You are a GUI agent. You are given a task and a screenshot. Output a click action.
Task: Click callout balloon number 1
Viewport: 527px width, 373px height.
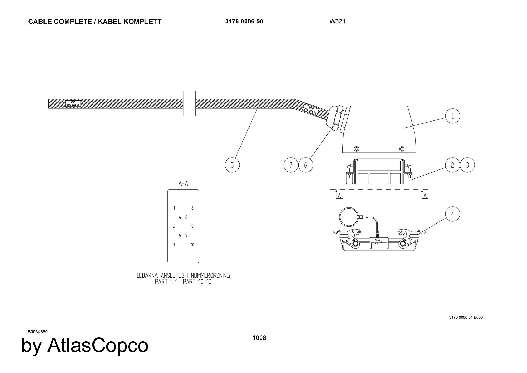point(452,116)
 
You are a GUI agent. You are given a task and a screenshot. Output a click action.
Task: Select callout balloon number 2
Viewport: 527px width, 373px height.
point(452,165)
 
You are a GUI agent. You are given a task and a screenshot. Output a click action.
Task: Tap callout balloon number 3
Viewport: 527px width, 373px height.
point(467,165)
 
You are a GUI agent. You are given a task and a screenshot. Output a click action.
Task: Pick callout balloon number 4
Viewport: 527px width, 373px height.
point(452,214)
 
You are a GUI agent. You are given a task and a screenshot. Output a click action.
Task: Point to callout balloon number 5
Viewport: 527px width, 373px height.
point(232,165)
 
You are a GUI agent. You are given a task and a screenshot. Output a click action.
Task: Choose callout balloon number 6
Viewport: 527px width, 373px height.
point(306,165)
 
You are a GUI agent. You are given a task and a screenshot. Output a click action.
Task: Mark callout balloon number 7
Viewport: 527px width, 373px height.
point(291,165)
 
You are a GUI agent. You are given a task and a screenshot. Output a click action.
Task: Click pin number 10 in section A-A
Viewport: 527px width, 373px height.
point(192,245)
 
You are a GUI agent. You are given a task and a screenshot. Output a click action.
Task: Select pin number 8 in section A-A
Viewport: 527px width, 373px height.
point(192,208)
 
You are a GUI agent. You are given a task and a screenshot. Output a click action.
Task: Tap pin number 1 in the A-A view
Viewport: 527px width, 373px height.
point(174,208)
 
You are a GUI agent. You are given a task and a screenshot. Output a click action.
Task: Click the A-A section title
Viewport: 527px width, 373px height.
point(183,183)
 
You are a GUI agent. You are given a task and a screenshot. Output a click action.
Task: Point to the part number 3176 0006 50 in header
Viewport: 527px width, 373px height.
point(244,22)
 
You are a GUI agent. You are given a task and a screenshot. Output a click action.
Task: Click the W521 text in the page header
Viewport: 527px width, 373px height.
point(337,22)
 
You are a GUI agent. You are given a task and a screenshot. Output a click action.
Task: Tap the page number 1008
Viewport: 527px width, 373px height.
point(259,338)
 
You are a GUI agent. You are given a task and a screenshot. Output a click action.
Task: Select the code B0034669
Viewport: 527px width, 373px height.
point(38,332)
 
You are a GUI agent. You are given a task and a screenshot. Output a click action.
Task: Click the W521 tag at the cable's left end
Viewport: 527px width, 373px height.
point(73,104)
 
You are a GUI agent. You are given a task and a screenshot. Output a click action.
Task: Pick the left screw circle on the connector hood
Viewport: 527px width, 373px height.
point(357,149)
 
